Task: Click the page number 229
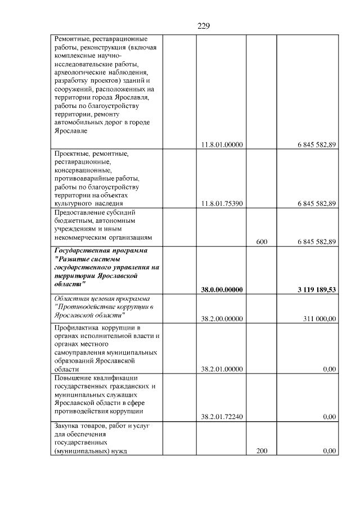click(x=204, y=26)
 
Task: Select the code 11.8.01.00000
click(x=222, y=145)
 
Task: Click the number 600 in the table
click(x=262, y=242)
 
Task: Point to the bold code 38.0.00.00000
click(x=222, y=290)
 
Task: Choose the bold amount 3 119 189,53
click(x=317, y=290)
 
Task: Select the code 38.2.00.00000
click(x=222, y=319)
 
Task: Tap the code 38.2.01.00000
click(x=222, y=369)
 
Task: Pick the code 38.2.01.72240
click(x=222, y=417)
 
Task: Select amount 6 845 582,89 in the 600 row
click(x=317, y=242)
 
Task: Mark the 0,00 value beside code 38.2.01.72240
click(x=330, y=417)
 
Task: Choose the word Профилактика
click(x=76, y=328)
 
